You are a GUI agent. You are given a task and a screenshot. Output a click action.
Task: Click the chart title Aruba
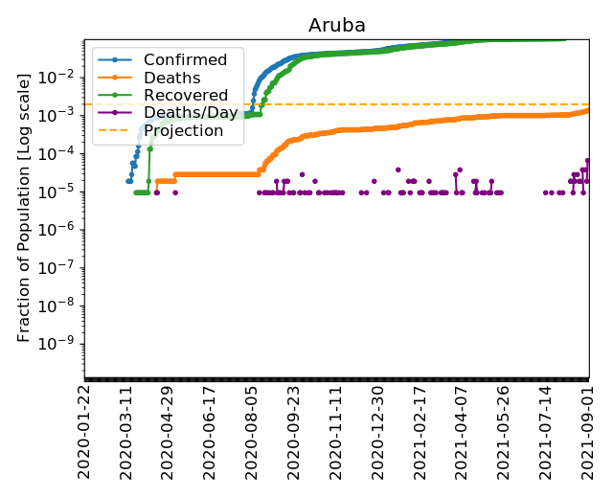click(x=336, y=25)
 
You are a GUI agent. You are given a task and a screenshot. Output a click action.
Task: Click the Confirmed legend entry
click(x=185, y=60)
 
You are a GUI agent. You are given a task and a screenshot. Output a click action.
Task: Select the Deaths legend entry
click(x=171, y=78)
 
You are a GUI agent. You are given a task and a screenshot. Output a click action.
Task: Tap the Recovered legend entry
click(x=186, y=96)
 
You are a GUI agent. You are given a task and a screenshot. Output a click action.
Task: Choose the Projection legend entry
click(x=183, y=130)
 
